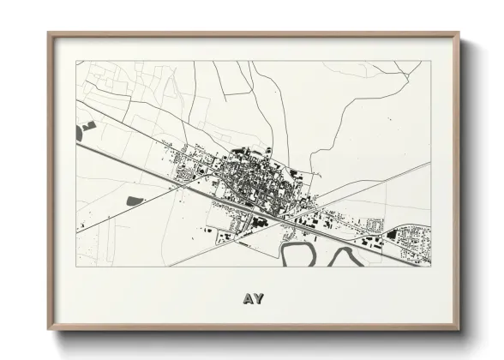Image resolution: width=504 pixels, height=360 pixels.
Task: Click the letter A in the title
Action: [247, 299]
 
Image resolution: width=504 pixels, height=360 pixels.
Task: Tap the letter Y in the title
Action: [258, 299]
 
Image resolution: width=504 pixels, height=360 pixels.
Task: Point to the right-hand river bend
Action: [345, 255]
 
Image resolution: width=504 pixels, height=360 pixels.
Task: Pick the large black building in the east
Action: [392, 233]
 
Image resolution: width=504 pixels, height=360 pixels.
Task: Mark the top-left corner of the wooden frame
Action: [49, 34]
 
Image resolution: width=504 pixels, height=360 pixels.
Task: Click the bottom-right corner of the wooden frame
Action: [458, 328]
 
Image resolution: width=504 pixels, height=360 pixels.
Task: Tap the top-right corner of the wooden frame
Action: [458, 34]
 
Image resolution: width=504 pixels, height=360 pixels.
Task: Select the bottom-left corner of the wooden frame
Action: [49, 328]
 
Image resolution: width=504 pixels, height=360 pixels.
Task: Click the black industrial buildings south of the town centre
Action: [257, 221]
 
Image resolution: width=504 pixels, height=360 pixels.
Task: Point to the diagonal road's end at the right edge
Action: [429, 162]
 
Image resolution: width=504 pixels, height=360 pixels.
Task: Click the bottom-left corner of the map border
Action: [75, 267]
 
